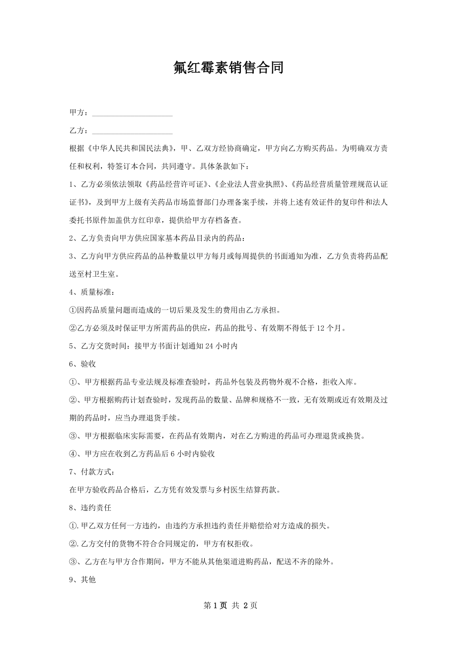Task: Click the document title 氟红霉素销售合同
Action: pos(228,68)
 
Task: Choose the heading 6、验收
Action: pos(82,364)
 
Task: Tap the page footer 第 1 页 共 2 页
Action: pos(228,605)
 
